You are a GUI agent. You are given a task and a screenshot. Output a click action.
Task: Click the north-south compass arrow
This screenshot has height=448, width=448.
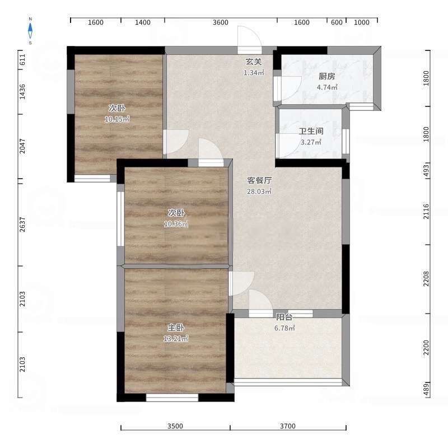[x=30, y=31]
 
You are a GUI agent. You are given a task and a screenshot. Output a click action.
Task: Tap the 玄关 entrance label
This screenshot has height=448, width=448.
[x=254, y=62]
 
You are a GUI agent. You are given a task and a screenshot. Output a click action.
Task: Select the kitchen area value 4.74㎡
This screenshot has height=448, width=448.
[x=327, y=87]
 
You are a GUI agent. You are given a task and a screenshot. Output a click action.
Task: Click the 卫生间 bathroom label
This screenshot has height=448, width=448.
[x=311, y=131]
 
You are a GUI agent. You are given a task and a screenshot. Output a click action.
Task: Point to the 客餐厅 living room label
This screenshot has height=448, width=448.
[x=259, y=180]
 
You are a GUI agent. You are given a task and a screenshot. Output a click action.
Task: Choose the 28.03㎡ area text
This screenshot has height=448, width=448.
[x=259, y=192]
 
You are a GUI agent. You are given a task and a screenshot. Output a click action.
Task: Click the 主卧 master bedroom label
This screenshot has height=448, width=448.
[x=176, y=328]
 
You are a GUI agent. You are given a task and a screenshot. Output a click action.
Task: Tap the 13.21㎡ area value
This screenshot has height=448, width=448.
[x=176, y=339]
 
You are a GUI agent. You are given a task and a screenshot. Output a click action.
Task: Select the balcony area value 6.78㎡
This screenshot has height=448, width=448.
[x=284, y=328]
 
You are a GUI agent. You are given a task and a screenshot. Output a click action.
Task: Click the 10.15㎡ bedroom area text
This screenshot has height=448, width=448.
[x=117, y=119]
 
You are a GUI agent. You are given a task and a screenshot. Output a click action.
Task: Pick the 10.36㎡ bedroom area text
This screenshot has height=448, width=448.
[x=176, y=224]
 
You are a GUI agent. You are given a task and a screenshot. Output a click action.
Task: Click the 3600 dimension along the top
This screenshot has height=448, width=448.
[x=220, y=22]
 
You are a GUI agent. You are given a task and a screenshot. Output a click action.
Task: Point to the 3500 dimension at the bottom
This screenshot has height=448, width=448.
[x=175, y=426]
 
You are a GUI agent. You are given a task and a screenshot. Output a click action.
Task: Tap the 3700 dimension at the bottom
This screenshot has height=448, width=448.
[x=288, y=426]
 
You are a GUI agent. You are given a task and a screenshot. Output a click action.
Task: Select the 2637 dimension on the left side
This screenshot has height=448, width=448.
[x=22, y=225]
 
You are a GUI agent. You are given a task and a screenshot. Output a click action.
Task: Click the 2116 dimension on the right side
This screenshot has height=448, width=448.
[x=426, y=211]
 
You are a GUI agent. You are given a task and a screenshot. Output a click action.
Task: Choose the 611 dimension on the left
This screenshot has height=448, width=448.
[x=22, y=59]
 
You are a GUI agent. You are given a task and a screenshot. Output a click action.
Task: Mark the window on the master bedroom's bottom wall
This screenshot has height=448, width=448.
[x=172, y=398]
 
